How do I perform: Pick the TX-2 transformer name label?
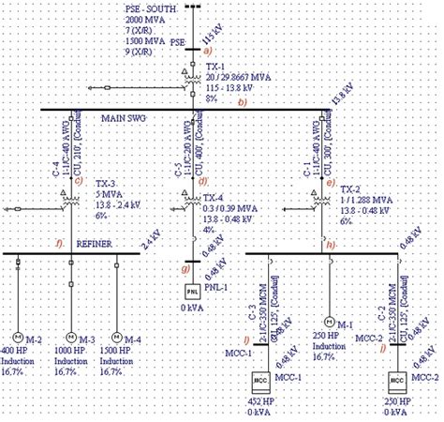point(349,189)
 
